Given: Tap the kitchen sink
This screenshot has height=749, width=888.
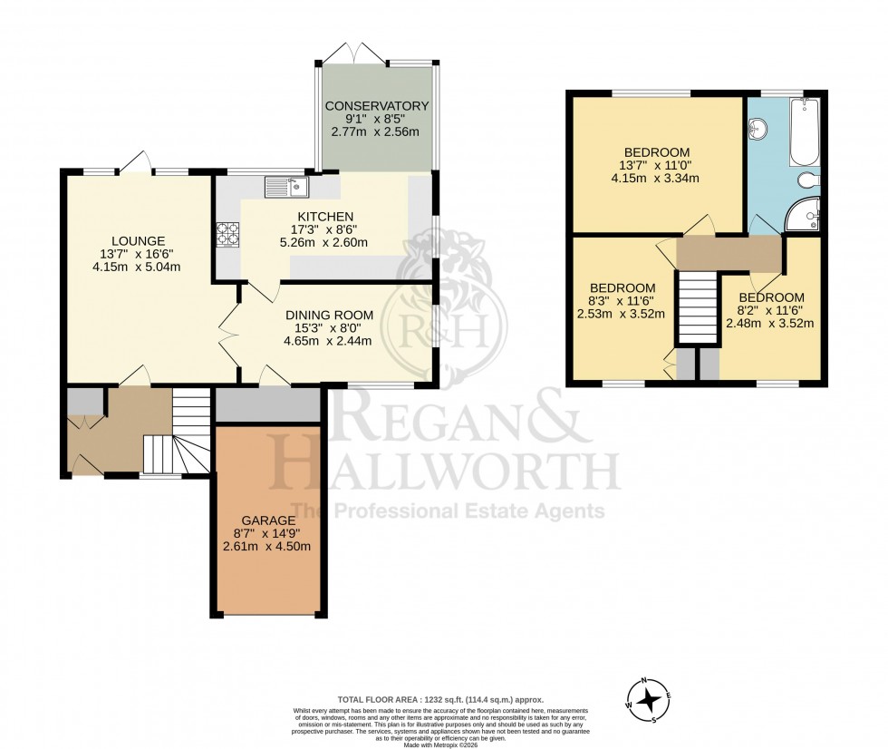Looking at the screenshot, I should pos(287,188).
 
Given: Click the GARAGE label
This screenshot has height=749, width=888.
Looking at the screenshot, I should pos(266,520).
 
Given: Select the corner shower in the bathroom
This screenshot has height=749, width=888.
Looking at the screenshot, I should pos(803,214).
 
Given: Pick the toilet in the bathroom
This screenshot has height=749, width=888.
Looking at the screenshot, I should pos(809,180).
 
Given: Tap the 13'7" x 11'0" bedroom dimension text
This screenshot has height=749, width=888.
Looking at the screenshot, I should pos(657,165).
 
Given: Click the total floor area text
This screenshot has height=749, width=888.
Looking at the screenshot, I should pos(440,699).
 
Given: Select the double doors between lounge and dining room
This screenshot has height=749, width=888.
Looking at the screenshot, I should pos(228,336).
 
